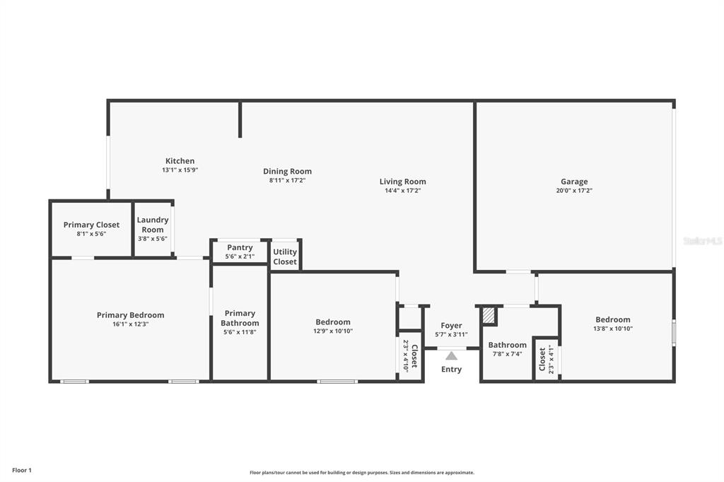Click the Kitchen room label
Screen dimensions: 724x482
[x=180, y=161]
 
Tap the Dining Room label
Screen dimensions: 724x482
[x=287, y=171]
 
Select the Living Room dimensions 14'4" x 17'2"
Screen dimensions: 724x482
[x=402, y=191]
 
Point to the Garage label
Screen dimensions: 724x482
[x=574, y=182]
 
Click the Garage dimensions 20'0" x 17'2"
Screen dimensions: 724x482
[x=574, y=191]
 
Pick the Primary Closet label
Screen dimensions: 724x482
[x=91, y=225]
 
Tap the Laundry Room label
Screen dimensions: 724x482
[x=153, y=225]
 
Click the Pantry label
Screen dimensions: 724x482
[x=240, y=248]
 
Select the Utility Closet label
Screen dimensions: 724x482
[x=285, y=257]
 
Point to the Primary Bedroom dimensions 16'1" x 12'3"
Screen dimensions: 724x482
[x=131, y=324]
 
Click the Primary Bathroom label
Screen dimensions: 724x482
[x=240, y=318]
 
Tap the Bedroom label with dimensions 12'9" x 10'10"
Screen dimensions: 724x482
[x=333, y=322]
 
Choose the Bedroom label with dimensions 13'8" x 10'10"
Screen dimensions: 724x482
[x=613, y=319]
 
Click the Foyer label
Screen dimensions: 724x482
[x=451, y=326]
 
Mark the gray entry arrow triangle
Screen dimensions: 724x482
[x=452, y=355]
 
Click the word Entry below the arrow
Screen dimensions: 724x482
[x=451, y=370]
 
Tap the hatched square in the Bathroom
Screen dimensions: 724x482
[x=488, y=316]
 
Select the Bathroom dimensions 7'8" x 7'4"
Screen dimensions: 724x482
[x=508, y=354]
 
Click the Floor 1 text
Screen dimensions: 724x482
[x=22, y=471]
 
